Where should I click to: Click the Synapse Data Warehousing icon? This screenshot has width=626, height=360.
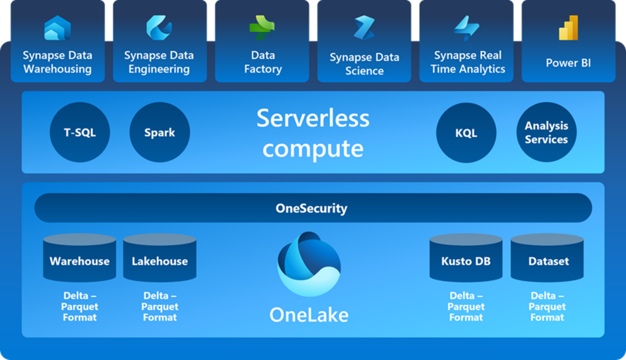(57, 28)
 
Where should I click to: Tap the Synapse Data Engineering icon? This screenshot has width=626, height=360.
(159, 28)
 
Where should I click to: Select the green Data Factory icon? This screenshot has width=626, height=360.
(262, 28)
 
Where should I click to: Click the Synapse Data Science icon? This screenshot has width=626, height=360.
(364, 28)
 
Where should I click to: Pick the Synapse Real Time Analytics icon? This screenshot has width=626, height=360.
(467, 28)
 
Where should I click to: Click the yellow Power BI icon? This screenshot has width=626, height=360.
(568, 28)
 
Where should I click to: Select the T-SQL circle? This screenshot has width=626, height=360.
(80, 133)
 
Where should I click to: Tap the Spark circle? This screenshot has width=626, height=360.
(160, 133)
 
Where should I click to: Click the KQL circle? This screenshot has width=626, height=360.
(466, 133)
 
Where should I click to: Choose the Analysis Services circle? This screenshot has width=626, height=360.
(546, 133)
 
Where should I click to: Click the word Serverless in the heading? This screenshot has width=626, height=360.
(312, 117)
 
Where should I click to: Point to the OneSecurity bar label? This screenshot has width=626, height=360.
(311, 208)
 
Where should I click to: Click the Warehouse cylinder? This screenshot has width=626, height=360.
(79, 259)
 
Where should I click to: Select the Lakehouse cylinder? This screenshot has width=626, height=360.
(160, 259)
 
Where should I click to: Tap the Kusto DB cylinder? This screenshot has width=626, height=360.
(466, 259)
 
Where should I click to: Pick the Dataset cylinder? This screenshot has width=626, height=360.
(548, 259)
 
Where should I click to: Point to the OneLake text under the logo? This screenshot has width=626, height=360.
(309, 315)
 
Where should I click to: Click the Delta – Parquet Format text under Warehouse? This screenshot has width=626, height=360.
(79, 306)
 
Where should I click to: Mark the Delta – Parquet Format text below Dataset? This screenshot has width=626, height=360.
(547, 306)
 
